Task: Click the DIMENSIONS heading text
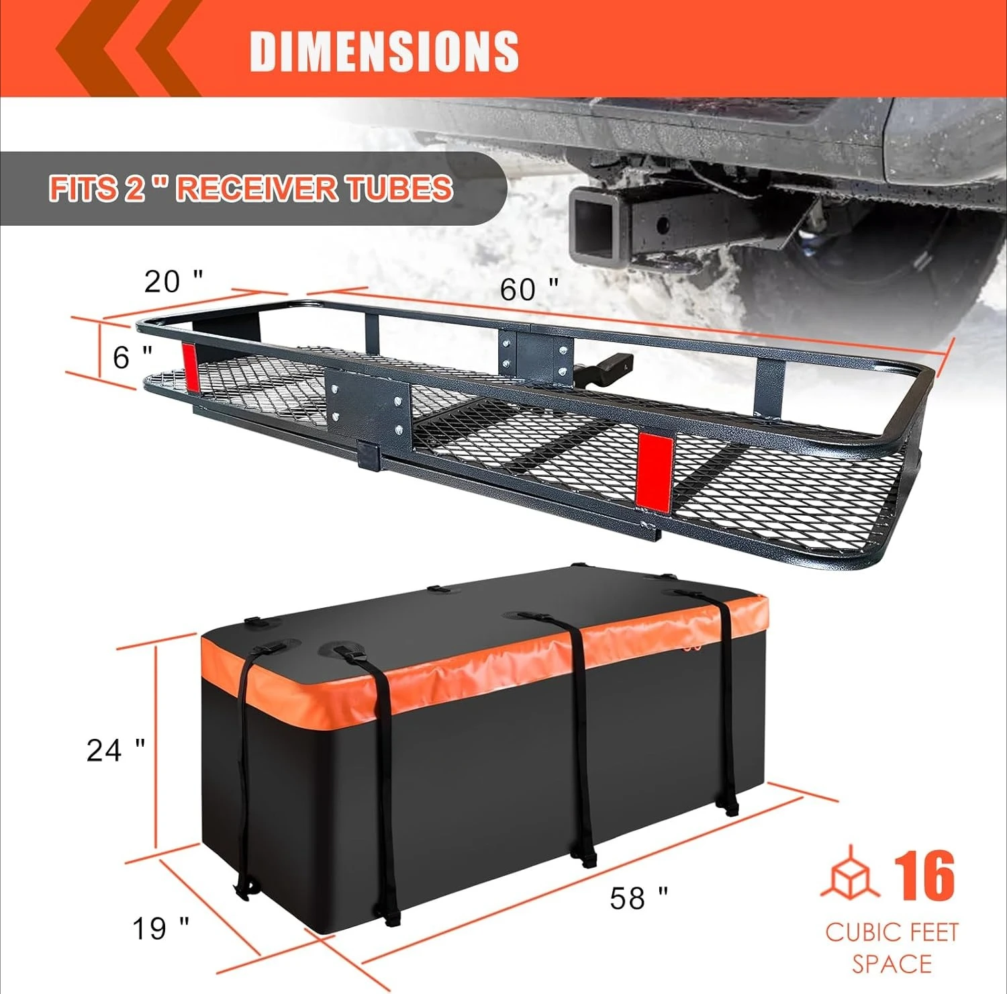click(384, 51)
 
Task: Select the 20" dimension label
click(173, 281)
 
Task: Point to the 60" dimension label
click(528, 289)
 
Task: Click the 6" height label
click(132, 357)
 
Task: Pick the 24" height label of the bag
click(115, 750)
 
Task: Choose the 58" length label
click(638, 898)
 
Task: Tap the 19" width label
click(160, 929)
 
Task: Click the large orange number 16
click(924, 876)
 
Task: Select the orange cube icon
click(850, 873)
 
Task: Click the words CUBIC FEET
click(892, 932)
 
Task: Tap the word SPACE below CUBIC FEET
click(892, 964)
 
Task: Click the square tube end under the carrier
click(369, 455)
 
